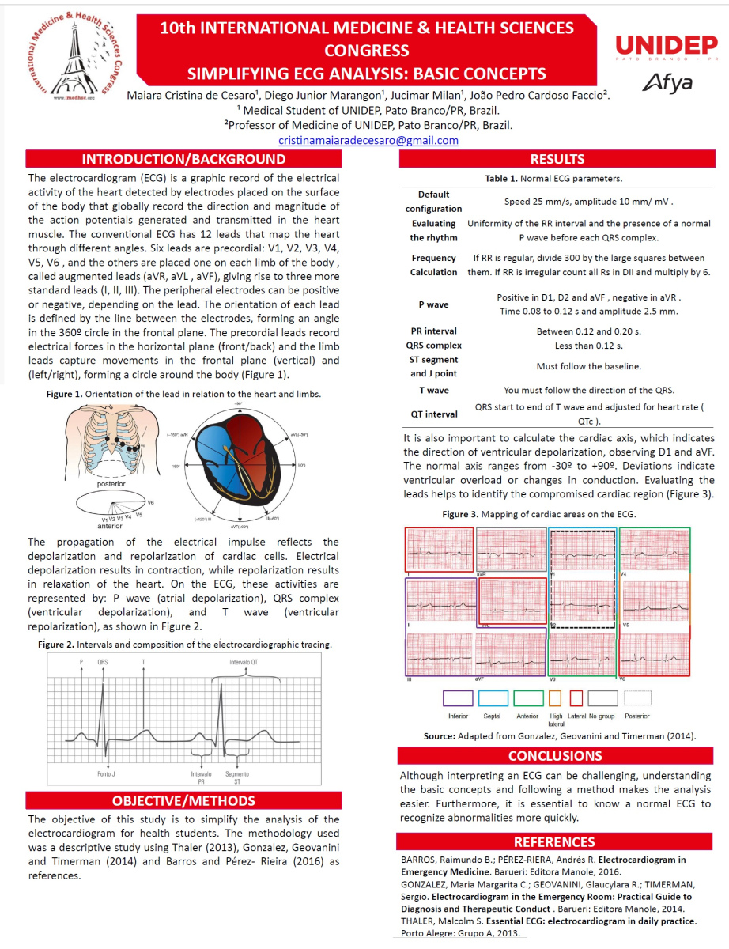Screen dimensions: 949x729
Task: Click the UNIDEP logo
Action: tap(667, 47)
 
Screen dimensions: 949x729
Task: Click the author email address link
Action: tap(368, 140)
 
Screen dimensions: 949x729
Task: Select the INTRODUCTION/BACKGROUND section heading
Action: tap(184, 158)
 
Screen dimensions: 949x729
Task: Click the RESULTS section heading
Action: tap(557, 159)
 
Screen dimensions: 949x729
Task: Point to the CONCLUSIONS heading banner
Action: tap(555, 755)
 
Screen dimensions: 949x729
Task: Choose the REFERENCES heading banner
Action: tap(554, 841)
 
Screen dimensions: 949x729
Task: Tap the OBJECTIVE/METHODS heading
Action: tap(183, 800)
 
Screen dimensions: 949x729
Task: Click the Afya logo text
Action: tap(667, 81)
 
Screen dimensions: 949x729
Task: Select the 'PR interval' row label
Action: tap(434, 331)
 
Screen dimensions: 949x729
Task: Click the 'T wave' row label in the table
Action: tap(434, 390)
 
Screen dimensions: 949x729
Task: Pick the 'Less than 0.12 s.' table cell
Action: tap(588, 346)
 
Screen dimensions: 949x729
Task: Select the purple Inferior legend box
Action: tap(459, 698)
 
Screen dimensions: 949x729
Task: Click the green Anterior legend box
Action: tap(527, 698)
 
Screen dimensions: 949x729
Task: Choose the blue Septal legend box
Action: tap(493, 698)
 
